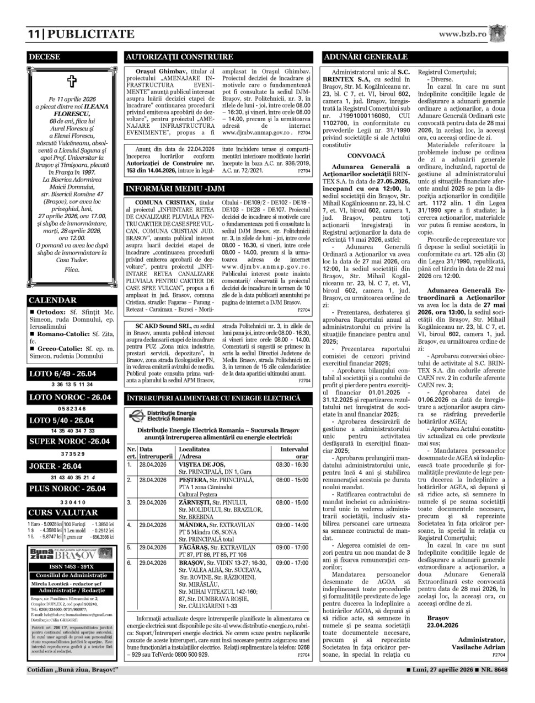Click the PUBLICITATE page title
[x=92, y=34]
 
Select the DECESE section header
[x=45, y=57]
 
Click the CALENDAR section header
[x=52, y=300]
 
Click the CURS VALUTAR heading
[x=55, y=512]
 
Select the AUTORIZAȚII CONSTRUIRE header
[x=179, y=57]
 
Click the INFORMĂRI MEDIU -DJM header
[x=176, y=189]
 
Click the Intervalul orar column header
[x=294, y=453]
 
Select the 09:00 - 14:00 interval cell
[x=292, y=525]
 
